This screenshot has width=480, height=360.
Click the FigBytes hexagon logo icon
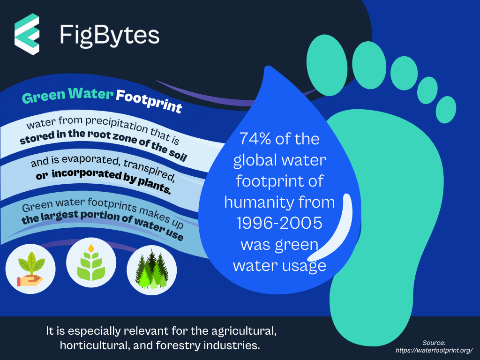click(27, 34)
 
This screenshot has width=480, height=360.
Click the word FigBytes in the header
click(110, 36)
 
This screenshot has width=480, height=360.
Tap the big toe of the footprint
click(327, 65)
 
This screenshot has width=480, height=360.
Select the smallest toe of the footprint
click(446, 110)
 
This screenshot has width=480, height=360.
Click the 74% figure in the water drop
click(255, 139)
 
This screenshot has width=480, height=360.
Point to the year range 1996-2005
click(279, 223)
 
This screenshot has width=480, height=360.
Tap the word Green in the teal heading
click(44, 97)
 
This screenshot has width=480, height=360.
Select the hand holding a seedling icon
click(30, 269)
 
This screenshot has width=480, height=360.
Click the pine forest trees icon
click(151, 270)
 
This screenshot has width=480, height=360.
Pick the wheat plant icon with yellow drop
click(91, 262)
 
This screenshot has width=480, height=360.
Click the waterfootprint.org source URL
click(434, 350)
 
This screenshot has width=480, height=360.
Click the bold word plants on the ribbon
click(154, 186)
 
